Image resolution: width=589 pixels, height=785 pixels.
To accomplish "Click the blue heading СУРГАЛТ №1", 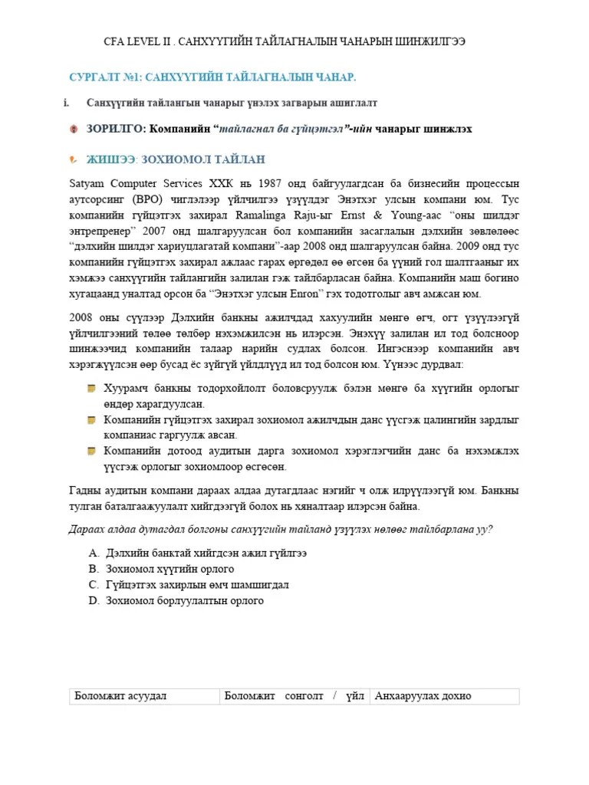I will coord(212,77).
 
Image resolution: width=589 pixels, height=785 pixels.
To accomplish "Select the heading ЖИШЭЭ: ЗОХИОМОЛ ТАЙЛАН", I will coord(176,159).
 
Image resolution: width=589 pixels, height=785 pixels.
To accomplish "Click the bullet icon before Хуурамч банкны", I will coord(91,389).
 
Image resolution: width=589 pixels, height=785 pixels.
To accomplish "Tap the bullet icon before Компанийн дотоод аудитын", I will coord(91,451).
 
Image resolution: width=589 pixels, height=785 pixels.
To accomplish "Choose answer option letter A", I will coord(93,553).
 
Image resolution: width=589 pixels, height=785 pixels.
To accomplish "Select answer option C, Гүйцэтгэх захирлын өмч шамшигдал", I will coord(196,585).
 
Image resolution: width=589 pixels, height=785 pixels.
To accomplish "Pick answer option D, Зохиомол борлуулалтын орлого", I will coord(184,601).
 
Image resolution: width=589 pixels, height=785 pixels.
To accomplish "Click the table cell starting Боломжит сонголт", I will coord(293,696).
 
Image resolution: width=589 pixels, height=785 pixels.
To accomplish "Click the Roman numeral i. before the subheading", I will coord(67,102).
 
